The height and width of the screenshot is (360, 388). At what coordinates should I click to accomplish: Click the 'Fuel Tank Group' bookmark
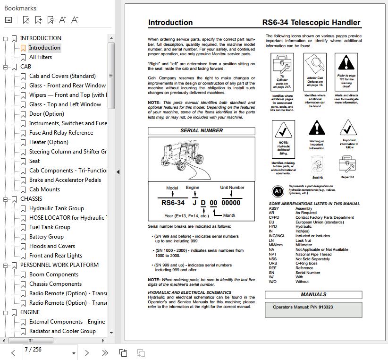pyautogui.click(x=50, y=227)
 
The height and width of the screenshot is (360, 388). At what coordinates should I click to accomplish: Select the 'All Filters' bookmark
pyautogui.click(x=41, y=57)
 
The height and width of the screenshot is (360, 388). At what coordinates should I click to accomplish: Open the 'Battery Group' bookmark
pyautogui.click(x=46, y=237)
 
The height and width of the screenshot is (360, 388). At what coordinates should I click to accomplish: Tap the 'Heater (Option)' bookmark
pyautogui.click(x=49, y=142)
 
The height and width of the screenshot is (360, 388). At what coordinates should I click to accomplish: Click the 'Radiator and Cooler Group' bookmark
pyautogui.click(x=62, y=331)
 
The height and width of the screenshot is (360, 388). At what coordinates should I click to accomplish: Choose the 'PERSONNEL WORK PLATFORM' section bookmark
pyautogui.click(x=59, y=265)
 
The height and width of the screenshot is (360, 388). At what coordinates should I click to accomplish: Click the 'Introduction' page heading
pyautogui.click(x=170, y=23)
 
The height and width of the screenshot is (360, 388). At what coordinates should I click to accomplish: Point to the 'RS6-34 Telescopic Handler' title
pyautogui.click(x=311, y=23)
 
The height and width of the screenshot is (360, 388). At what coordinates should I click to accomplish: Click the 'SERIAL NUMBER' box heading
pyautogui.click(x=202, y=131)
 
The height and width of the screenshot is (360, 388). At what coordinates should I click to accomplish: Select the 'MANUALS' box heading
pyautogui.click(x=313, y=295)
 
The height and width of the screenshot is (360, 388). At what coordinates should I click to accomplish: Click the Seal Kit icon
pyautogui.click(x=317, y=166)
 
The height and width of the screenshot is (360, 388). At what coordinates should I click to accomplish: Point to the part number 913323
pyautogui.click(x=326, y=307)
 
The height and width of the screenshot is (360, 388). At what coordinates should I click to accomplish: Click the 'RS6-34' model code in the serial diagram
pyautogui.click(x=173, y=203)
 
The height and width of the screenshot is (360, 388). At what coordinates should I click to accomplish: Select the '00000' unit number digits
pyautogui.click(x=231, y=203)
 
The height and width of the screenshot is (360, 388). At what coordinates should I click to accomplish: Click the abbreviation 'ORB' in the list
pyautogui.click(x=273, y=264)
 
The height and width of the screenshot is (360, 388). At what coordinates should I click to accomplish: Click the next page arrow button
pyautogui.click(x=87, y=352)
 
